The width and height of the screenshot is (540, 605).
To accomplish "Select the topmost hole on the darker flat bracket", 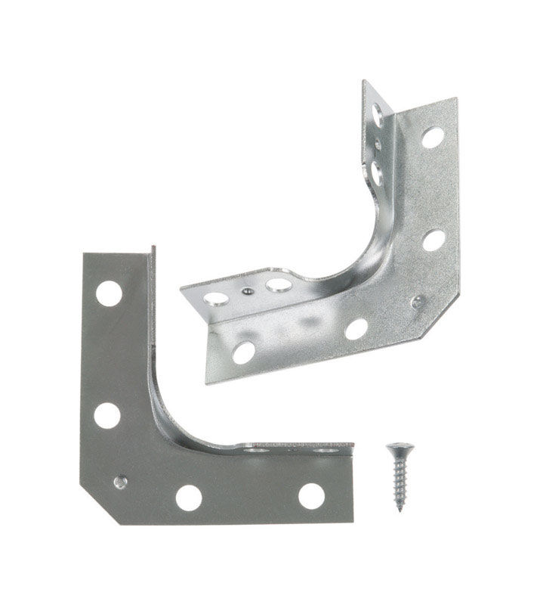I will click(109, 293).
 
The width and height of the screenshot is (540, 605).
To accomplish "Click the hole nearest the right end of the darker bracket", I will click(311, 495).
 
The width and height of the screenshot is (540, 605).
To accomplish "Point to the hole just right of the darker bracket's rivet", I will click(188, 497).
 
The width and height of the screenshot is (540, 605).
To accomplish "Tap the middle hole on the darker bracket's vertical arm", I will click(106, 415).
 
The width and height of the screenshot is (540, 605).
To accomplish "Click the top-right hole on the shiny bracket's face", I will click(432, 137).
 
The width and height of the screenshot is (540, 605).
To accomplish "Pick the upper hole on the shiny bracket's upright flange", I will click(377, 114).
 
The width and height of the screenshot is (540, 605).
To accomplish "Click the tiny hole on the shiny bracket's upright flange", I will click(378, 144).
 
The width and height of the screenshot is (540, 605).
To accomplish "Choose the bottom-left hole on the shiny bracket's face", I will click(243, 352).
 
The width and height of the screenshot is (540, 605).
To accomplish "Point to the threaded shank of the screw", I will click(398, 484).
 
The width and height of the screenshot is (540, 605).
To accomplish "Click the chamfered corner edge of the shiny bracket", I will click(438, 310).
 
